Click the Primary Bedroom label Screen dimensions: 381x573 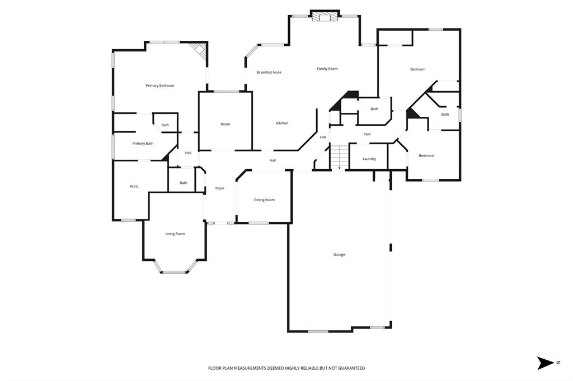click(160, 85)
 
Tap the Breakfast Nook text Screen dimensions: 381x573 click(269, 72)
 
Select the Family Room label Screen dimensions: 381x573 click(327, 69)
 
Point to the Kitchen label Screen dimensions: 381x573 click(282, 123)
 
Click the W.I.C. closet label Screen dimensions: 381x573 click(134, 186)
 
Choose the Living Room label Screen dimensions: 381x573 click(175, 234)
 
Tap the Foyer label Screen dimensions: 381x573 click(220, 188)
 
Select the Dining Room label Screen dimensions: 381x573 click(264, 199)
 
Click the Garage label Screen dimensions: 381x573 click(339, 254)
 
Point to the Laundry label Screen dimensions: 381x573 click(369, 159)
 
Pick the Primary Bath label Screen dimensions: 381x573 click(143, 144)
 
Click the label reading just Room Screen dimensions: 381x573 click(226, 124)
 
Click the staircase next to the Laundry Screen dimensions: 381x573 click(339, 156)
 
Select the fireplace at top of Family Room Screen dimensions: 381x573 click(325, 17)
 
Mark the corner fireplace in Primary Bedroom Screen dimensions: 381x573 click(199, 50)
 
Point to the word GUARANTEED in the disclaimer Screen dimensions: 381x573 click(347, 368)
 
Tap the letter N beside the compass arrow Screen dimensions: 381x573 click(558, 363)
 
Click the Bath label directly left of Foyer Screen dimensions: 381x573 click(184, 183)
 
